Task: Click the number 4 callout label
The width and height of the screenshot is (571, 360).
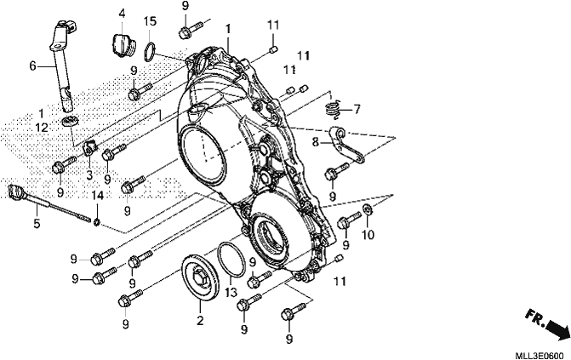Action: pyautogui.click(x=122, y=14)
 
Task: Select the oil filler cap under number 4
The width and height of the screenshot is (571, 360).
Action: pyautogui.click(x=123, y=45)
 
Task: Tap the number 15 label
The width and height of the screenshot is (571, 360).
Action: pyautogui.click(x=149, y=21)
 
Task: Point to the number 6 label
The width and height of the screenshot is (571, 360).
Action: pyautogui.click(x=33, y=66)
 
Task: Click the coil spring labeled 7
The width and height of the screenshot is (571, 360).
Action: pyautogui.click(x=333, y=110)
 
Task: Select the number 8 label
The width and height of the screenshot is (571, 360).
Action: pyautogui.click(x=315, y=142)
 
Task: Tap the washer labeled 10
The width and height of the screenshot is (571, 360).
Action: pyautogui.click(x=368, y=209)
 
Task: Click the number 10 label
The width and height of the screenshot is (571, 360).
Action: pyautogui.click(x=368, y=235)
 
